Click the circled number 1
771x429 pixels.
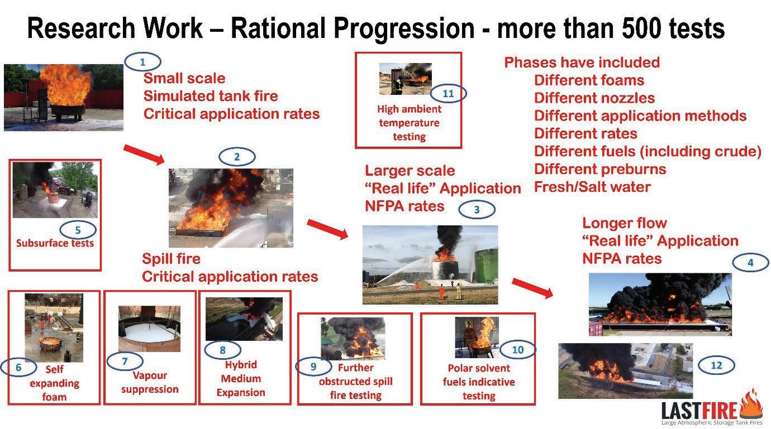pyautogui.click(x=142, y=62)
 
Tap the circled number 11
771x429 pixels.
pyautogui.click(x=448, y=94)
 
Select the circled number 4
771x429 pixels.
pyautogui.click(x=750, y=263)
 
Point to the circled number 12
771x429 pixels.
pyautogui.click(x=716, y=365)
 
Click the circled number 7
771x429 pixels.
pyautogui.click(x=125, y=361)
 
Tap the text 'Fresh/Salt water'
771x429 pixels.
pyautogui.click(x=592, y=187)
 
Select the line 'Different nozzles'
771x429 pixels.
pyautogui.click(x=594, y=98)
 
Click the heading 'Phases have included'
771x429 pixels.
pyautogui.click(x=582, y=62)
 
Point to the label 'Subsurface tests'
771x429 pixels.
pyautogui.click(x=55, y=243)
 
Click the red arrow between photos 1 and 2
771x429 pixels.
pyautogui.click(x=144, y=155)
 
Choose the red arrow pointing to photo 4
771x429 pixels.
pyautogui.click(x=532, y=288)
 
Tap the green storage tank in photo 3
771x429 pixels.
pyautogui.click(x=487, y=266)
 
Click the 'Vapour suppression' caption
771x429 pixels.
pyautogui.click(x=150, y=382)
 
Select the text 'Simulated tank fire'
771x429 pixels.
pyautogui.click(x=211, y=97)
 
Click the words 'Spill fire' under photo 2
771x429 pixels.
pyautogui.click(x=171, y=259)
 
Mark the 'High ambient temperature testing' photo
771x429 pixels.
pyautogui.click(x=406, y=79)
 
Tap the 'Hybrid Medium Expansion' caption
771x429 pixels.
pyautogui.click(x=241, y=378)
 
